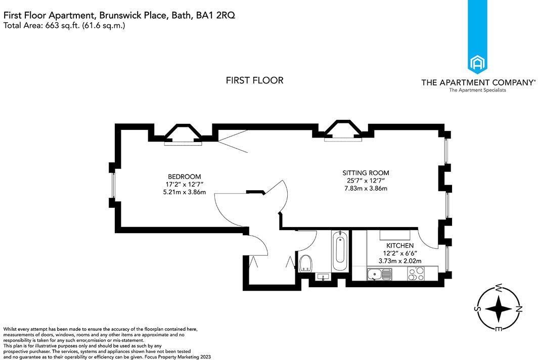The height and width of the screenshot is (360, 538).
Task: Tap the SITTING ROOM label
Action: coord(366,173)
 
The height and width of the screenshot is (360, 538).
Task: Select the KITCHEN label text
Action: coord(400,245)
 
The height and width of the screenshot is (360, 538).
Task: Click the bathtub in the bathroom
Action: coord(339,251)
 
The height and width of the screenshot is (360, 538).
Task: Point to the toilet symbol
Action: coord(304,263)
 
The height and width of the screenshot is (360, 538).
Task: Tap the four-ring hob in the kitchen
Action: coord(416,274)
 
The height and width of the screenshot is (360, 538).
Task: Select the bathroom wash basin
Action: coord(322,277)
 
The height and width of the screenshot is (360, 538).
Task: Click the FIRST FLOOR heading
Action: coord(254,80)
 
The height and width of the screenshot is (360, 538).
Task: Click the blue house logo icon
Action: coord(477,63)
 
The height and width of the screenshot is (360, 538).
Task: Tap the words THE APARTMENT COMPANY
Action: coord(477,82)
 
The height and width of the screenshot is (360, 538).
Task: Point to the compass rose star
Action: coord(499,308)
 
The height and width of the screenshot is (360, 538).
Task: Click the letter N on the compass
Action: coord(518,308)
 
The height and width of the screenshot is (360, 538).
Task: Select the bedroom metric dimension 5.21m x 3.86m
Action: coord(184,192)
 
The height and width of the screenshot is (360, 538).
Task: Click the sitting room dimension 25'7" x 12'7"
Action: coord(366,181)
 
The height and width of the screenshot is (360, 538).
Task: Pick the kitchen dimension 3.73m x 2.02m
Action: coord(400,261)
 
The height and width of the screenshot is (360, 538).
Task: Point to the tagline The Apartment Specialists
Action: coord(477,91)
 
